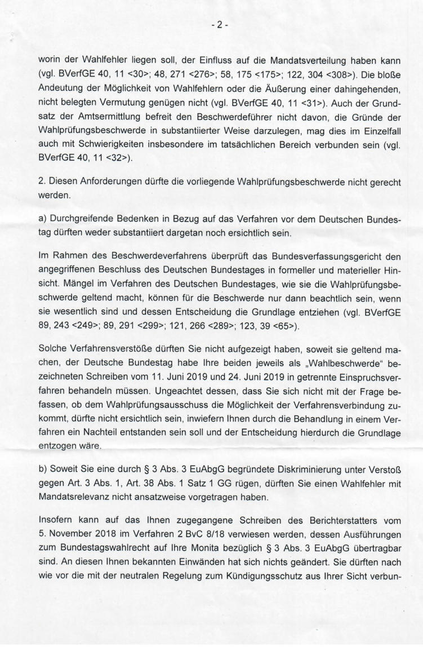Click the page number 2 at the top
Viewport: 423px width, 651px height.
click(211, 26)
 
